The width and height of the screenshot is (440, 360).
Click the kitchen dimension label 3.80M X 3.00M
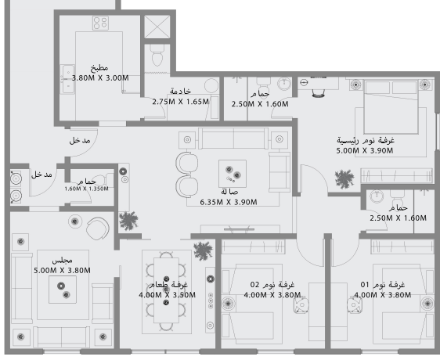(x=100, y=78)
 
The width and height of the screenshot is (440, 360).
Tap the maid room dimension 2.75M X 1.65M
(x=181, y=101)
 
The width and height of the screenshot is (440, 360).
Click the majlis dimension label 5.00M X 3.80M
(x=63, y=270)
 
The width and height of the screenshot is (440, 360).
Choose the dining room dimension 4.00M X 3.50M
(x=167, y=294)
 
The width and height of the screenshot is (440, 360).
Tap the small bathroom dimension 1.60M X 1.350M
(x=86, y=189)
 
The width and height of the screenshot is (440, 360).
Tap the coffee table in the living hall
(x=232, y=173)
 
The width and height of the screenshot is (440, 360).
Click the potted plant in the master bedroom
(x=343, y=178)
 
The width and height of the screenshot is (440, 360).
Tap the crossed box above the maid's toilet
(x=157, y=26)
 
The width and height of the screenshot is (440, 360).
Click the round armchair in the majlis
(x=97, y=229)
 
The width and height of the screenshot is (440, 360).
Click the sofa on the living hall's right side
(x=280, y=171)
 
